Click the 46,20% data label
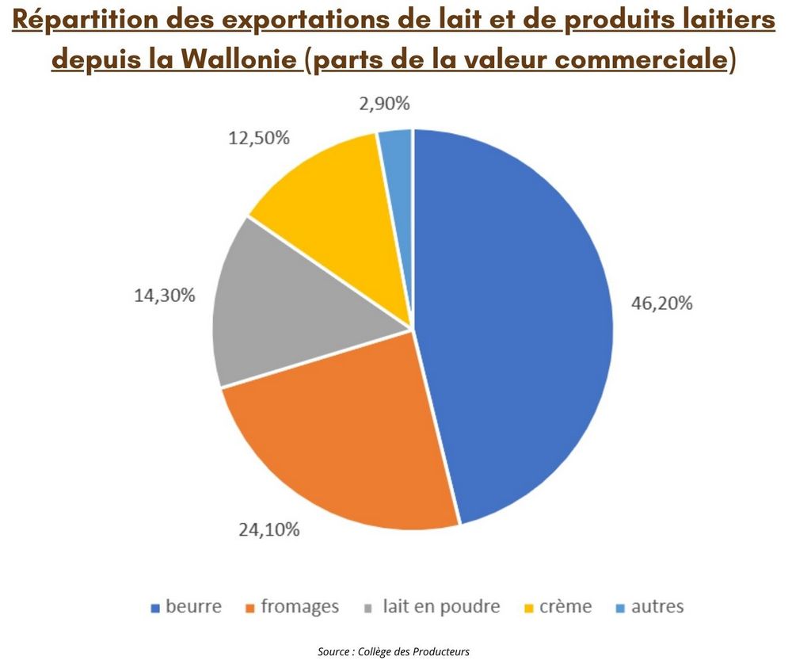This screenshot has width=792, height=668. click(x=662, y=303)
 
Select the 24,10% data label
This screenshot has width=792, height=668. click(x=269, y=530)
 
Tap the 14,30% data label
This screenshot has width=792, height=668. click(x=164, y=296)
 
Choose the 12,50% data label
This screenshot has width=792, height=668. click(x=259, y=137)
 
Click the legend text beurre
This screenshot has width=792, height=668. click(x=194, y=607)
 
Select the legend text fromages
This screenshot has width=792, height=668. click(x=299, y=607)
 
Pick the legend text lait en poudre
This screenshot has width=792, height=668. click(x=441, y=607)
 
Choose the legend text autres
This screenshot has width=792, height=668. click(x=657, y=607)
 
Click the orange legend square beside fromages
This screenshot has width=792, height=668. click(x=251, y=609)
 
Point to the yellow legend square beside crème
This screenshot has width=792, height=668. click(x=528, y=609)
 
